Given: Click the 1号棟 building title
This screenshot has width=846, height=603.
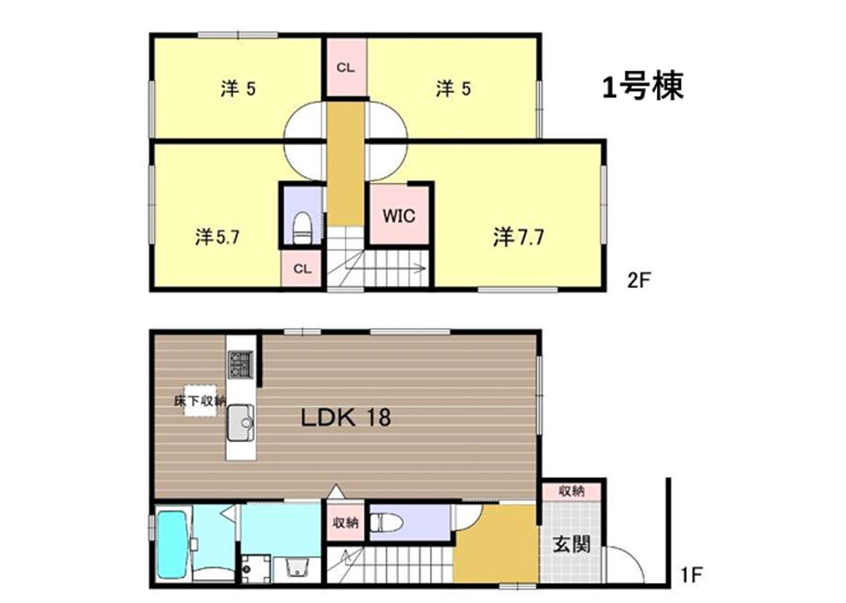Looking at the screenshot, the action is click(643, 86).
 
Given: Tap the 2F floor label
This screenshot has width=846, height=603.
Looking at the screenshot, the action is click(639, 280).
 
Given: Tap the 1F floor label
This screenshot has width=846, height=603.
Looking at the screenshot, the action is click(691, 575).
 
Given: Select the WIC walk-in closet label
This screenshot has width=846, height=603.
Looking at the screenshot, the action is click(399, 216).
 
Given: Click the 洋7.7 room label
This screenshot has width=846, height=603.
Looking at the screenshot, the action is click(518, 237).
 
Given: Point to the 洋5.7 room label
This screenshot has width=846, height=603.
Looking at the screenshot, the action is click(217, 237).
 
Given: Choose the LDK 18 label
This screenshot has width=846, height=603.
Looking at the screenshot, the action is click(345, 418).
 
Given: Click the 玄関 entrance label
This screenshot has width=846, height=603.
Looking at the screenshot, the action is click(571, 544).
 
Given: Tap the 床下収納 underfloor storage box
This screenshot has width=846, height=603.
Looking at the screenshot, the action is click(200, 401).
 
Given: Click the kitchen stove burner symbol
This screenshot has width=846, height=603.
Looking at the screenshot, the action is click(240, 364).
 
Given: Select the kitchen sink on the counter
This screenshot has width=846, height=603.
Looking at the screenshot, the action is click(240, 423).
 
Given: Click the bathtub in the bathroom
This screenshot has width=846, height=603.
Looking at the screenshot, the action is click(172, 544).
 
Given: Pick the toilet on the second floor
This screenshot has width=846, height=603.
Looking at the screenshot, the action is click(302, 228).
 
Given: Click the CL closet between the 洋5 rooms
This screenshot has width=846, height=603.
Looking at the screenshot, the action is click(345, 68).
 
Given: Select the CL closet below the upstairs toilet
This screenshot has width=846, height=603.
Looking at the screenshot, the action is click(302, 268).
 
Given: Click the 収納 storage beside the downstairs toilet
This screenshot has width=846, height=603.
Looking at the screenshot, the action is click(345, 523).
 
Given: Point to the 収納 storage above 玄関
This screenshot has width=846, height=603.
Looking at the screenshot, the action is click(571, 491).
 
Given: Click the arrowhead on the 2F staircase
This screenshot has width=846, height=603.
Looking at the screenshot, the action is click(421, 268).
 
